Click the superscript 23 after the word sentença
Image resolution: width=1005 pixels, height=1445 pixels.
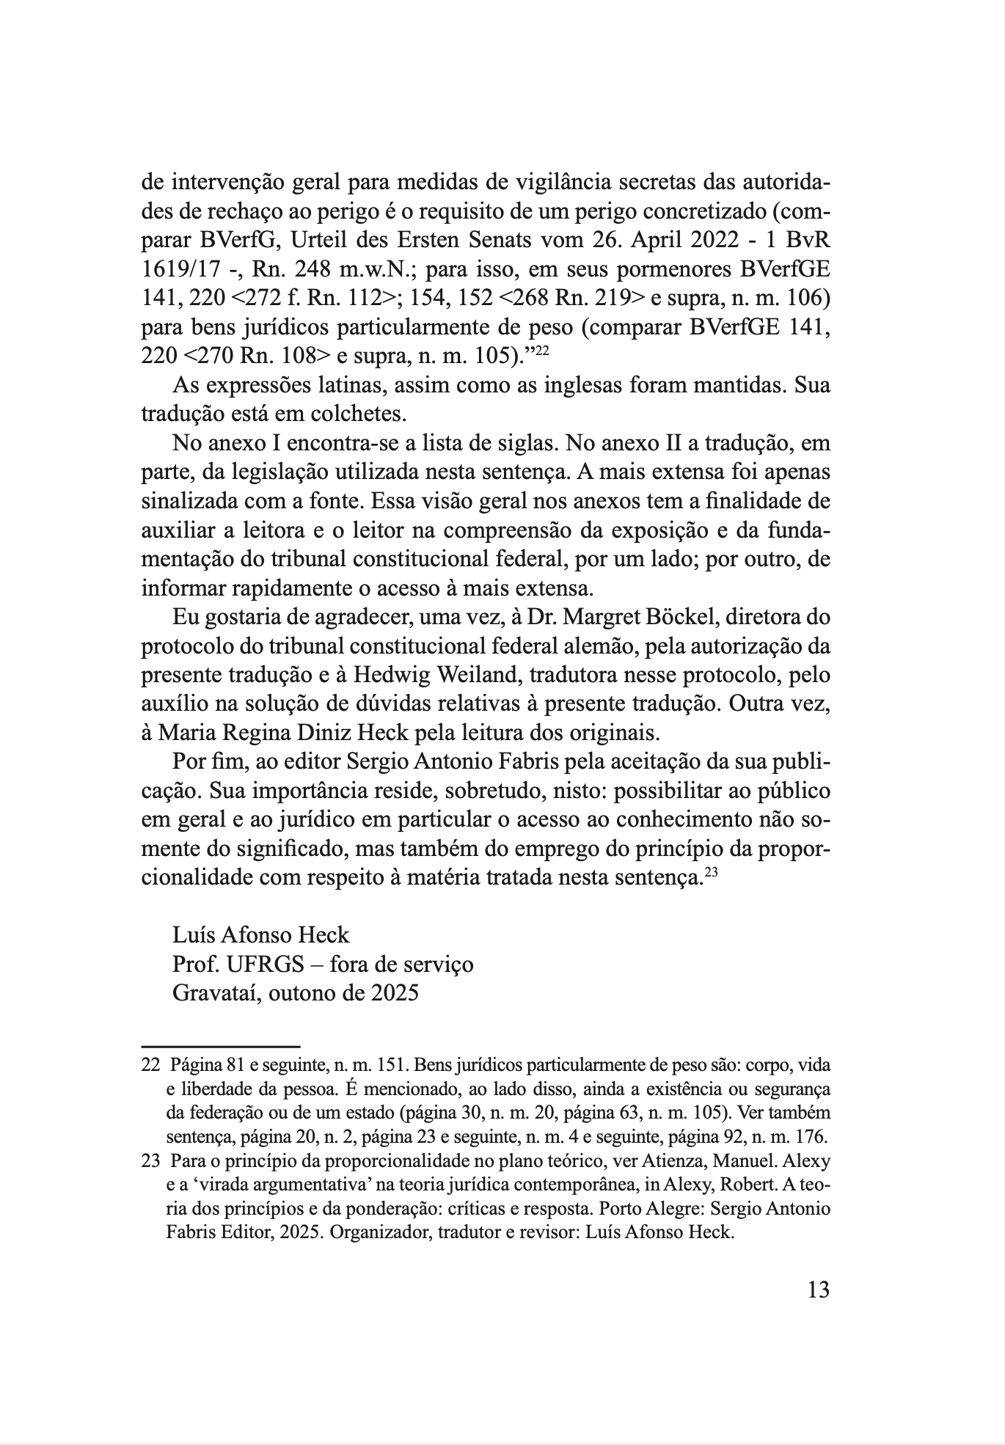point(712,871)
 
